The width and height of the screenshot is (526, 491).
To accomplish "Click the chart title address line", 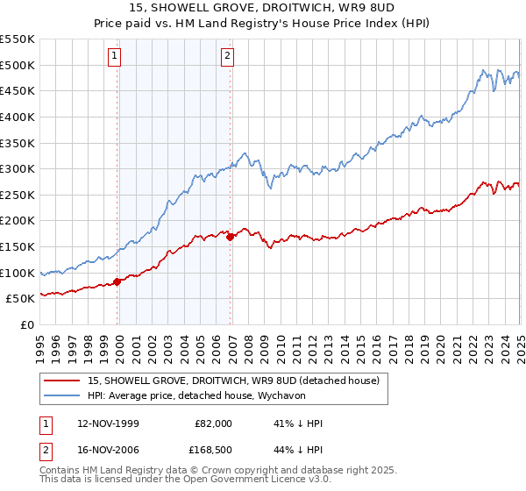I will point(262,7).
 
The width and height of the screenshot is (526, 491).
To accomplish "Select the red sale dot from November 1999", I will point(117,282).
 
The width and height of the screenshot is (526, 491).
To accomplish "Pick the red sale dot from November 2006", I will point(230,237).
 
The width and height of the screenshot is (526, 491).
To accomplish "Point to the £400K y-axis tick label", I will point(18,117).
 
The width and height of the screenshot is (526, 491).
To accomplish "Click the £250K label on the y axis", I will point(18,195).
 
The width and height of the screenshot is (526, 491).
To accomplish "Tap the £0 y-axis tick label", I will point(28,324).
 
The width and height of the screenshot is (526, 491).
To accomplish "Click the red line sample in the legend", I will point(60,381).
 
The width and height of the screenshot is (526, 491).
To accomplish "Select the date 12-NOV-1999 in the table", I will point(109,423).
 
